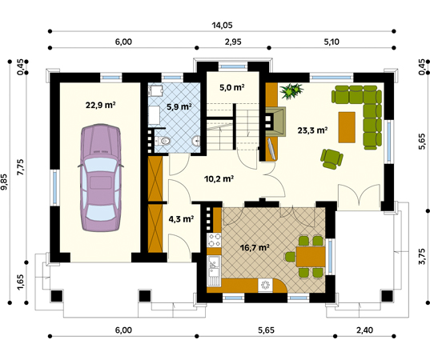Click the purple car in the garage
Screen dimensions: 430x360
click(100, 178)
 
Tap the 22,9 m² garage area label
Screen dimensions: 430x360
click(100, 105)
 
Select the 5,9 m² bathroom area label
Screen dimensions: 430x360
click(179, 106)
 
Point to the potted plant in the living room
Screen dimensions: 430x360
click(291, 90)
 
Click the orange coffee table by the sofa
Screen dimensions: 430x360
click(347, 127)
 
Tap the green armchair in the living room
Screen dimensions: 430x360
click(332, 159)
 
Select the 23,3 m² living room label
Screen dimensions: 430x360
click(312, 130)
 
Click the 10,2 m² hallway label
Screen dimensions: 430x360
click(219, 179)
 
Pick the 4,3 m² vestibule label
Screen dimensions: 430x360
click(181, 219)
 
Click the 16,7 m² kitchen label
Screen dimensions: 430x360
click(255, 248)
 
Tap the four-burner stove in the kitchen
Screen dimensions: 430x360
click(214, 240)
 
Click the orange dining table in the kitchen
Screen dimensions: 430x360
click(311, 257)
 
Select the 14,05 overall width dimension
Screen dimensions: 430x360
click(222, 26)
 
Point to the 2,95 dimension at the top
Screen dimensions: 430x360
click(233, 42)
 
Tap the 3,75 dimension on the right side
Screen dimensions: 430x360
click(423, 257)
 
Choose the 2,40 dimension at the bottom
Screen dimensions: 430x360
click(364, 330)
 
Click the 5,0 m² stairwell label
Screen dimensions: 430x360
click(232, 88)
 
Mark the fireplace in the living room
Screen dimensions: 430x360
click(275, 122)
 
